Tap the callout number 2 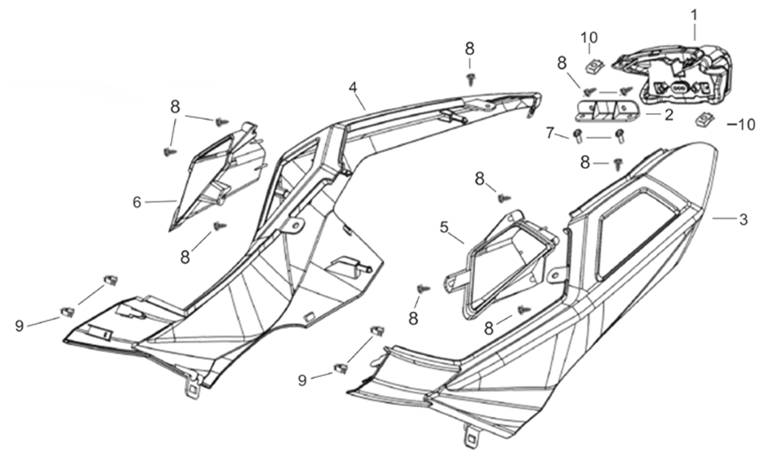(x=668, y=115)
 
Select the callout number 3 (x=744, y=219)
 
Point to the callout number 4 (x=352, y=87)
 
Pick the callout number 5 (x=445, y=226)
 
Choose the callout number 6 (x=137, y=202)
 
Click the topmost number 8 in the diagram (x=469, y=49)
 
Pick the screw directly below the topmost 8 (x=470, y=77)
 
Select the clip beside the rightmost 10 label (x=705, y=121)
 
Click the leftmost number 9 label (x=19, y=325)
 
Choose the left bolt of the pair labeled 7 (x=577, y=135)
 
